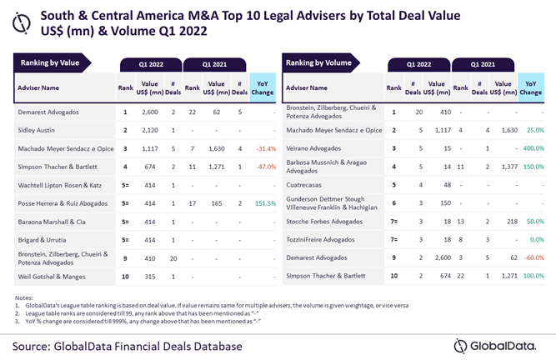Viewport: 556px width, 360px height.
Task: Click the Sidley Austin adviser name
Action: click(41, 130)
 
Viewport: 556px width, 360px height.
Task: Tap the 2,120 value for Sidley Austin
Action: click(150, 130)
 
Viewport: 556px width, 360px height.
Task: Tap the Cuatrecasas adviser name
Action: click(308, 184)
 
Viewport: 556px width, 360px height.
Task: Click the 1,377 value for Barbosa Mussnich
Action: click(503, 166)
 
